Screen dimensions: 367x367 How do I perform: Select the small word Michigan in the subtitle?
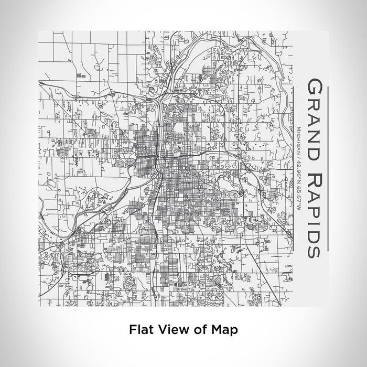coord(298,141)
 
